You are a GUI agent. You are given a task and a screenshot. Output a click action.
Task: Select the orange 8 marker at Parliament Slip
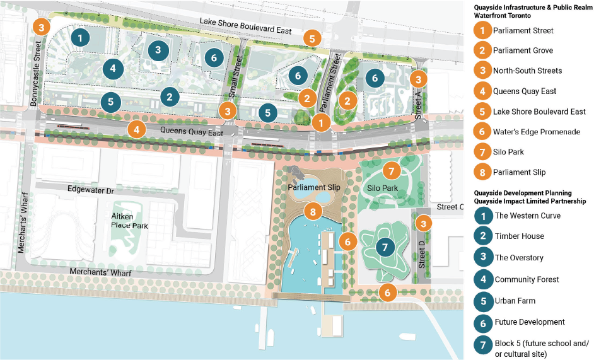tap(310, 212)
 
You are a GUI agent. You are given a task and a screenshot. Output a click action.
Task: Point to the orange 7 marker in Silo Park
tap(391, 170)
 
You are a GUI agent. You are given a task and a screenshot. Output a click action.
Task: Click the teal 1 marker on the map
tap(80, 38)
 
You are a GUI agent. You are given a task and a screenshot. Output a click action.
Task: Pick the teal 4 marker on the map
tap(113, 68)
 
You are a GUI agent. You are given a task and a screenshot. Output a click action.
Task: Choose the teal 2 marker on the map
tap(170, 97)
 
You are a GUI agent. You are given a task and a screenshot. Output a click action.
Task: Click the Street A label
tap(418, 100)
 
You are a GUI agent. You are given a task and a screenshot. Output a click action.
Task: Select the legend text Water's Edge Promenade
tap(528, 132)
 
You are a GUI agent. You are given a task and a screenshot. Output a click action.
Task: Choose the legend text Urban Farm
tap(515, 301)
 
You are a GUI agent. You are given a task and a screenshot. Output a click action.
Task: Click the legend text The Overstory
tap(519, 258)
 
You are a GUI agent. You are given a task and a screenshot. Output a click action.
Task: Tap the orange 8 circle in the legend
tap(482, 173)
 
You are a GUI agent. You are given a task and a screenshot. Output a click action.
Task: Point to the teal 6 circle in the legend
tap(482, 322)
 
